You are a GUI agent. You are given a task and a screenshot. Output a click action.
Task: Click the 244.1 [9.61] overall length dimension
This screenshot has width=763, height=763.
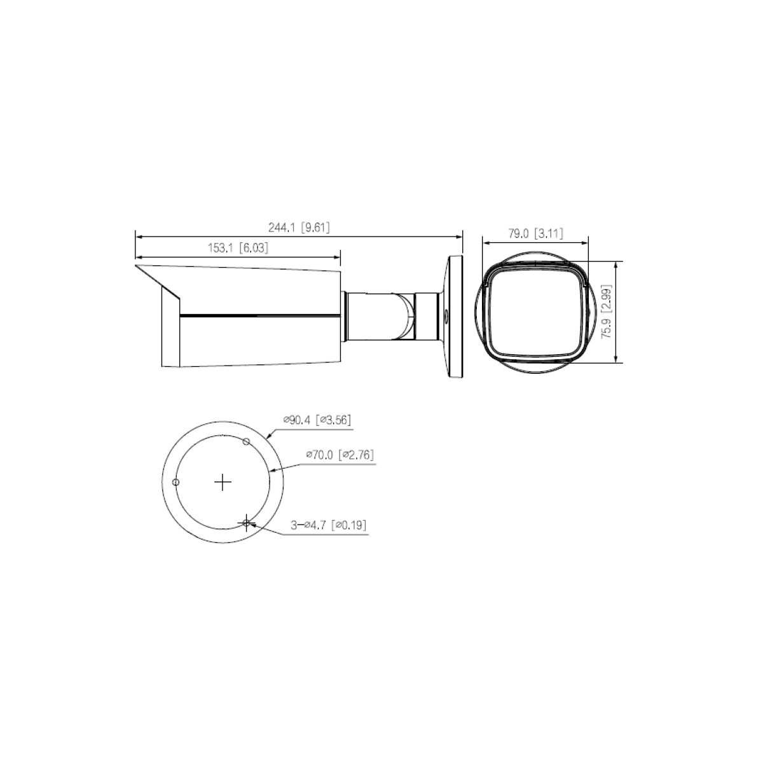pos(299,228)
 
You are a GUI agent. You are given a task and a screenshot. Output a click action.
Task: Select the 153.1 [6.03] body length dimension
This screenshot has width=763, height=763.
pos(238,248)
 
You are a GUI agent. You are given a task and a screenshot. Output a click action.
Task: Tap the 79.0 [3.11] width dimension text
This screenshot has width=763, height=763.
pos(535,233)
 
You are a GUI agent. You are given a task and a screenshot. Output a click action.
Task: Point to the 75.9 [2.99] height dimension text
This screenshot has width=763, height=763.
pos(607,311)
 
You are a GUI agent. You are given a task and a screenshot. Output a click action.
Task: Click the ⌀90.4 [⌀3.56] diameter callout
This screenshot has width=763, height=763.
pos(317,420)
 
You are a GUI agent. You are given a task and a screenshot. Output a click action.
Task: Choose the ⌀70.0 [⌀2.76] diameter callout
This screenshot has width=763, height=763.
pos(340,455)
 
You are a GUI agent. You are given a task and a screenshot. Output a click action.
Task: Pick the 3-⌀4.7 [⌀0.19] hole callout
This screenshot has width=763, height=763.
pos(328,525)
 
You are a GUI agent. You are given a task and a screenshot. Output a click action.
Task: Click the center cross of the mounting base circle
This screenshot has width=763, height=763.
pos(223,482)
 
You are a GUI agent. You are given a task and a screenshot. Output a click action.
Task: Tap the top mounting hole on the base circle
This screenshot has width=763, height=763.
pos(246,441)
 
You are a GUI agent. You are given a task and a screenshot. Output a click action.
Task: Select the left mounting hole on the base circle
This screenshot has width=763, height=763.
pos(175,482)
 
